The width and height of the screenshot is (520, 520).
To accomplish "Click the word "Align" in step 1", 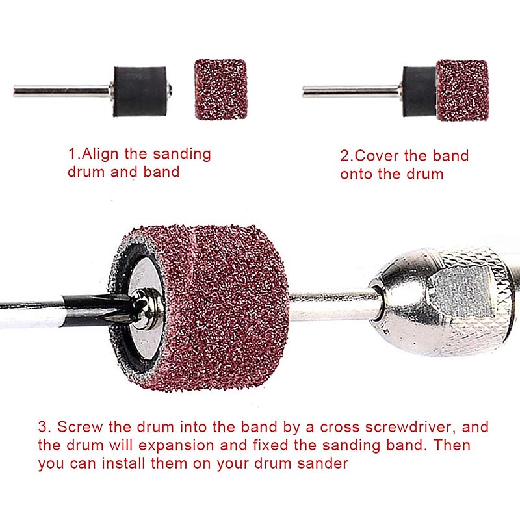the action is coord(99,154).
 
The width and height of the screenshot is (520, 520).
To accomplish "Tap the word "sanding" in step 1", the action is coord(182,155).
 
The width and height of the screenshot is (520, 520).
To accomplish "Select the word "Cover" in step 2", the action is coord(376,155).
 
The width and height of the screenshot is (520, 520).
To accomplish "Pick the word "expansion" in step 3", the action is coord(177,445).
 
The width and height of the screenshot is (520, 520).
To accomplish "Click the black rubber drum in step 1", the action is coord(140,92).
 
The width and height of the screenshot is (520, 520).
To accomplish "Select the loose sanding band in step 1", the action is coord(221,90).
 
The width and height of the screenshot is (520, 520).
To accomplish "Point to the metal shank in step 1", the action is coord(62,91).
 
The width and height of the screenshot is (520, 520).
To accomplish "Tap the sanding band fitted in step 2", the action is coord(462,90).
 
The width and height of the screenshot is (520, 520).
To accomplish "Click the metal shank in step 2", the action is coord(352,92).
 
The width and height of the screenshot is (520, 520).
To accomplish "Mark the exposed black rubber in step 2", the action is coord(419,92).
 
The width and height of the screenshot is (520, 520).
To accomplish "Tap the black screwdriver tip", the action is coord(99,310).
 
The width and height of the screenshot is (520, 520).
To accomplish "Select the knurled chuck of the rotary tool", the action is coord(445,302).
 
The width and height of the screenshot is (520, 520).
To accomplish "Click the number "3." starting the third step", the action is coord(45,427).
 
